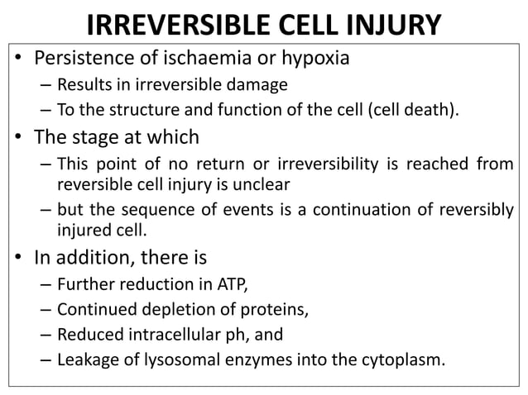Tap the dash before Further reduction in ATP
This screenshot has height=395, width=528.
pos(43,286)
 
